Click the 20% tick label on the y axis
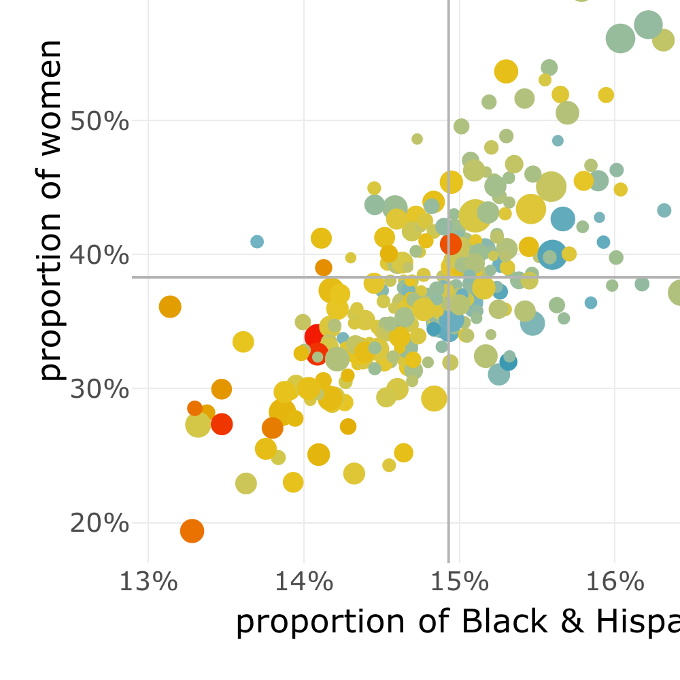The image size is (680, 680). (x=100, y=524)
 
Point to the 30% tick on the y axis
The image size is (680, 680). (x=100, y=389)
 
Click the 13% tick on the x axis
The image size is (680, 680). (x=148, y=583)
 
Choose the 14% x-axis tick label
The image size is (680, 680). (x=303, y=583)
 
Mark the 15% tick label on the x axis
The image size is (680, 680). (x=459, y=583)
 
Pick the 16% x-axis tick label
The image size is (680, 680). (x=614, y=583)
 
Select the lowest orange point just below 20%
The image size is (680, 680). (x=192, y=530)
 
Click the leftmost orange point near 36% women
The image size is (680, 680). (x=170, y=307)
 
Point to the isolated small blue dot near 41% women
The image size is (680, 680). (x=257, y=241)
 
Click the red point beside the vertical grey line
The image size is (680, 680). (x=451, y=243)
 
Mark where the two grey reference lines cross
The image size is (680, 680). (x=449, y=277)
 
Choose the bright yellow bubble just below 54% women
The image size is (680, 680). (x=507, y=71)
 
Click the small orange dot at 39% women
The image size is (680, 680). (x=324, y=267)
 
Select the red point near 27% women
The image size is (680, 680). (x=222, y=424)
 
